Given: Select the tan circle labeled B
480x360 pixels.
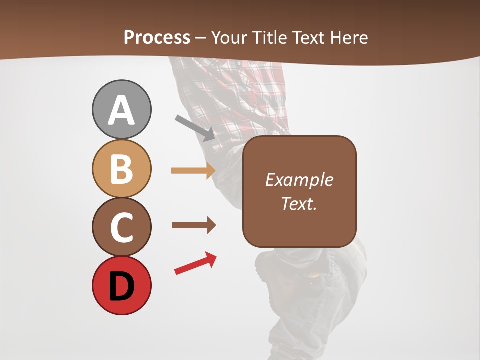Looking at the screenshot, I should point(121,168).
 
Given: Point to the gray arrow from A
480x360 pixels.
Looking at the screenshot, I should point(195,128).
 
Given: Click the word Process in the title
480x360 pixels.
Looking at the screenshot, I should point(157,37).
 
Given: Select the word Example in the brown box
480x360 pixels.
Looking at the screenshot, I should point(299,180).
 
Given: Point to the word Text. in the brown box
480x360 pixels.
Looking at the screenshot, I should point(299,203).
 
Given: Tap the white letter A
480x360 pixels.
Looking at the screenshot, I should point(121,110).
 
